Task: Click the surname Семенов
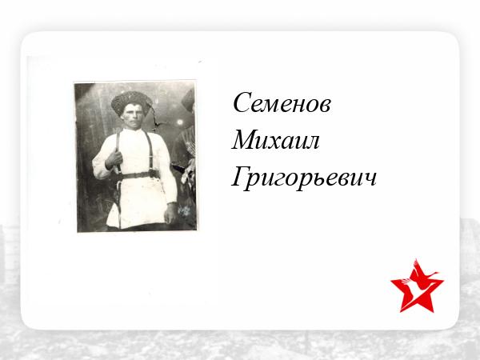tap(282, 103)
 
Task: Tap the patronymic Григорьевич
tap(304, 178)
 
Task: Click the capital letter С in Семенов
tap(242, 102)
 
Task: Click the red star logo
tap(417, 286)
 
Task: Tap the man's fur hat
tap(131, 102)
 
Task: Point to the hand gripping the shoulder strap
tap(114, 159)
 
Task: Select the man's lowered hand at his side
tap(170, 213)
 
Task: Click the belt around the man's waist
tap(138, 175)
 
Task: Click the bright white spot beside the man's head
tap(180, 122)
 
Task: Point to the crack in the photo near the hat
tap(155, 117)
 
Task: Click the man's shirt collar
tap(133, 131)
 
